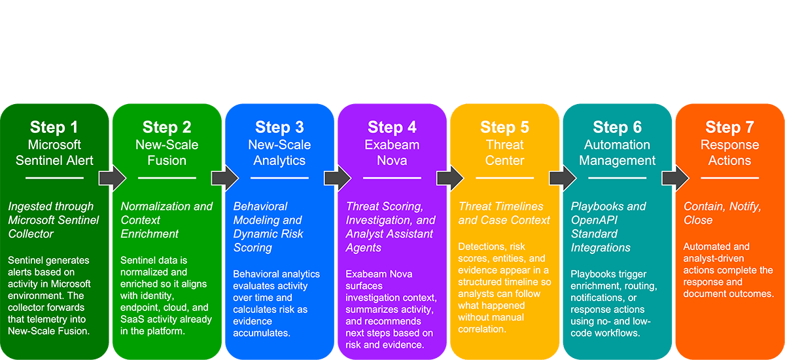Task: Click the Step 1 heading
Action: tap(54, 127)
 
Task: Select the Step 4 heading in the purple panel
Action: tap(392, 127)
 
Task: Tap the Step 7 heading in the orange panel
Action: tap(729, 127)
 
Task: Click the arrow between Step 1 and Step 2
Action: tap(112, 177)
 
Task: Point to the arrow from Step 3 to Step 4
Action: tap(337, 177)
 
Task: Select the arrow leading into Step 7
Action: tap(674, 177)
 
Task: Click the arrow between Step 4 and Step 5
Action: tap(449, 177)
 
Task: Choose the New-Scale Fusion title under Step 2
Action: tap(167, 153)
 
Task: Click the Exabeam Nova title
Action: tap(392, 153)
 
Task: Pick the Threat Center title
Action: tap(504, 153)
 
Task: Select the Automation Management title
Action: tap(617, 153)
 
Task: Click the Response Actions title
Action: tap(729, 153)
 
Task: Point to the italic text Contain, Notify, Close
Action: tap(722, 213)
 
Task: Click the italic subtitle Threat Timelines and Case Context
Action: tap(504, 213)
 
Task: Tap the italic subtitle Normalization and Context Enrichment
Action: tap(166, 220)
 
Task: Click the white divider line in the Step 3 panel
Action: tap(279, 177)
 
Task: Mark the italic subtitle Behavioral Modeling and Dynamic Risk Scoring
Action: tap(268, 227)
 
